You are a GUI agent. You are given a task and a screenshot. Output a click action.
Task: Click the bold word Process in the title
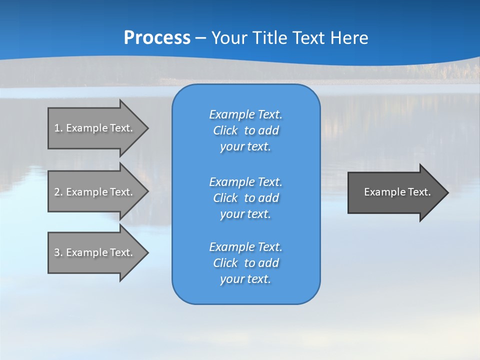(x=157, y=37)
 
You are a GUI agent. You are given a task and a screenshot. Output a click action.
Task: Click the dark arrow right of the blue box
(x=395, y=192)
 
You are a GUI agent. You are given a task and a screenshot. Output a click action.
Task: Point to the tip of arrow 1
(x=147, y=128)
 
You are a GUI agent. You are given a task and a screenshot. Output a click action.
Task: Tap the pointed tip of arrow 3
(x=147, y=252)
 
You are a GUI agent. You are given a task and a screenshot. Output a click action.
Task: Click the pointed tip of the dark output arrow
(x=447, y=192)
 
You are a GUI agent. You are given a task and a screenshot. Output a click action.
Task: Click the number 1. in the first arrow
(x=58, y=128)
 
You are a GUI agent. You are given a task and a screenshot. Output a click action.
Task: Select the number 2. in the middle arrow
(x=58, y=192)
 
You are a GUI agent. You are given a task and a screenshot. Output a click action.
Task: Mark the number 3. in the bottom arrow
(x=58, y=252)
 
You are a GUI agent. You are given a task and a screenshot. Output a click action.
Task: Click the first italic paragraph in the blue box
(x=245, y=130)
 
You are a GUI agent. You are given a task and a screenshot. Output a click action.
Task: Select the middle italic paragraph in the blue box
(x=245, y=198)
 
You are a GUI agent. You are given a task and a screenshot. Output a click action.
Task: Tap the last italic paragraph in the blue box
(x=245, y=263)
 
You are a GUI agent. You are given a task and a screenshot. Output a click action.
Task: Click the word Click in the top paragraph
(x=225, y=130)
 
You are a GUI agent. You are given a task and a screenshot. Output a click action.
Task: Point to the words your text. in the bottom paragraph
(x=245, y=279)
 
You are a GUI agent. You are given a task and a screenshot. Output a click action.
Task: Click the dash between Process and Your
(x=201, y=38)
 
